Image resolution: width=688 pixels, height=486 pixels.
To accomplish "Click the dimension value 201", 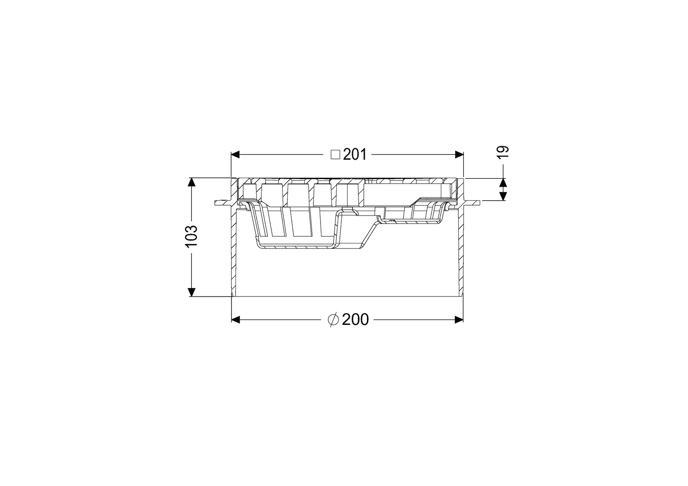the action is click(x=355, y=155).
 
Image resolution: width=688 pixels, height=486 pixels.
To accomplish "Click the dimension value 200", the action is click(x=355, y=320).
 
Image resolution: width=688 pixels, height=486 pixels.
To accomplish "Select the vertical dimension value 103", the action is click(x=191, y=236).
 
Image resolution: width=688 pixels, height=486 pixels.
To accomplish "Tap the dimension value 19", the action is click(x=503, y=152).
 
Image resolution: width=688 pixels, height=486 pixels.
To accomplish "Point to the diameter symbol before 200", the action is click(x=333, y=320).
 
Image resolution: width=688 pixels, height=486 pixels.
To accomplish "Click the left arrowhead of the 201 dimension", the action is click(x=235, y=155).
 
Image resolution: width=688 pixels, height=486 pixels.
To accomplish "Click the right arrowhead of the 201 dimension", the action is click(x=459, y=155).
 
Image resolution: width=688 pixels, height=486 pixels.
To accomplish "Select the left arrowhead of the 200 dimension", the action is click(x=235, y=320).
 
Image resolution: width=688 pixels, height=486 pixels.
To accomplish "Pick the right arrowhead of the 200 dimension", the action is click(x=459, y=320).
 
